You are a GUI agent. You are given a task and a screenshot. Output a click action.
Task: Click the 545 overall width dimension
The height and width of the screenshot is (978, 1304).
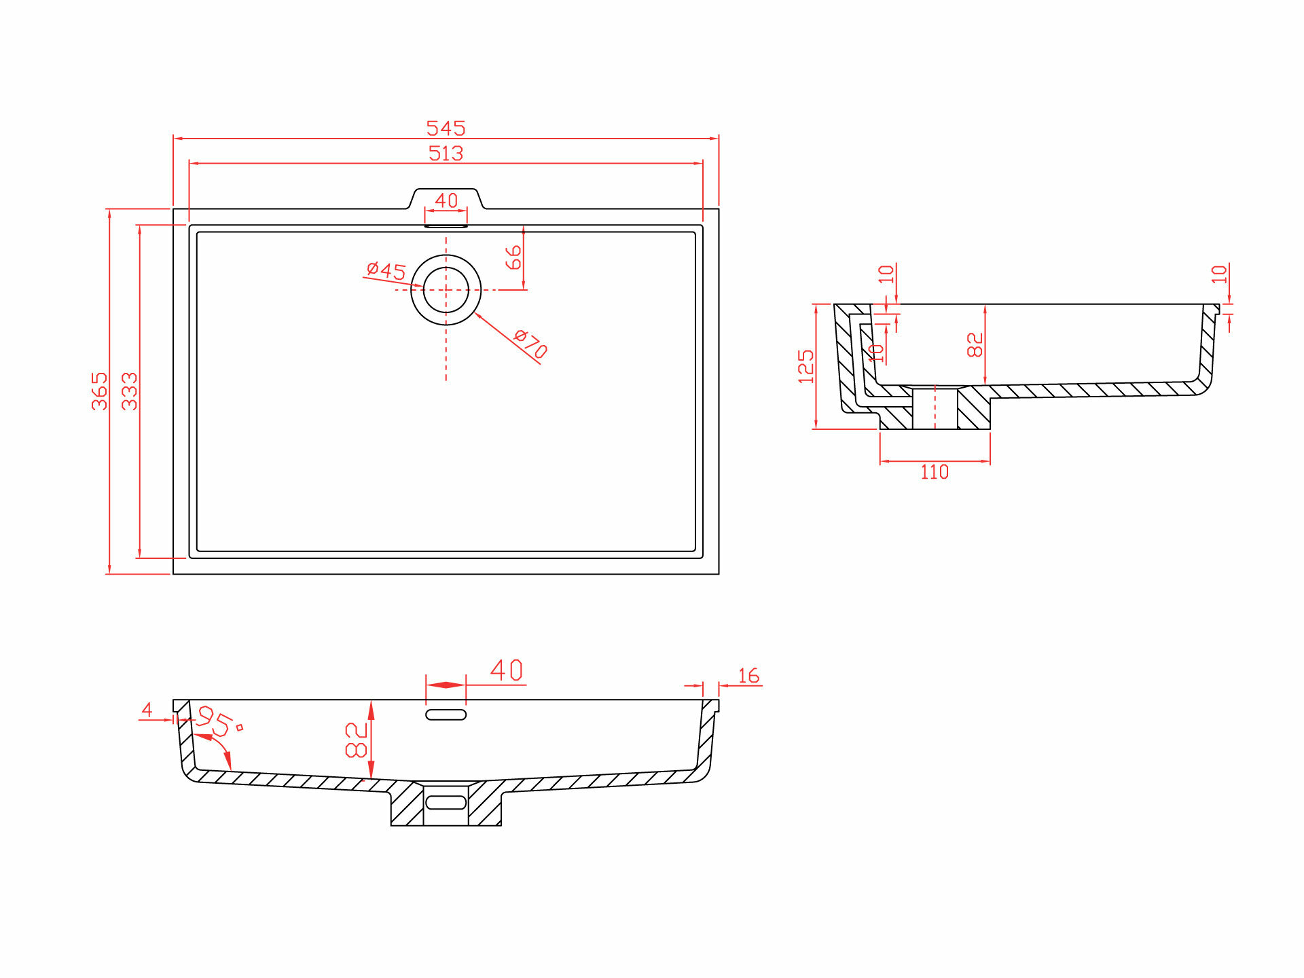point(446,128)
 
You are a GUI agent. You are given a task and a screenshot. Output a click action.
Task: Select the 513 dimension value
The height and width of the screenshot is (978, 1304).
point(446,153)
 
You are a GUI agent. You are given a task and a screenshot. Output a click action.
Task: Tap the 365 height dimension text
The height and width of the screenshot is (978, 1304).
point(100,391)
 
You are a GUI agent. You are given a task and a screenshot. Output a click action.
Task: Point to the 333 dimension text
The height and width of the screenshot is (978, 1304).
point(130,391)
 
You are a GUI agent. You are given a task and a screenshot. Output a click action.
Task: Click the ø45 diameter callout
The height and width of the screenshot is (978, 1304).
point(386,270)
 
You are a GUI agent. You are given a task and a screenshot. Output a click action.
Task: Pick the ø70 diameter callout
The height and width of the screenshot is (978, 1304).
point(531,343)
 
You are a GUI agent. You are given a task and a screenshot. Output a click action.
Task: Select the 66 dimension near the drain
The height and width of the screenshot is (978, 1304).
point(513,257)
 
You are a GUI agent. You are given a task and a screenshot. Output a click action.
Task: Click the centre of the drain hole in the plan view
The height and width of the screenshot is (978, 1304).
point(446,290)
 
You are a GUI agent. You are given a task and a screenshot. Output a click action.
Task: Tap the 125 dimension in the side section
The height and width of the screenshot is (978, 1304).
point(806,367)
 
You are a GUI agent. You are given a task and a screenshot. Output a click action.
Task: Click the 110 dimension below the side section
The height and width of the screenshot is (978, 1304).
point(935,472)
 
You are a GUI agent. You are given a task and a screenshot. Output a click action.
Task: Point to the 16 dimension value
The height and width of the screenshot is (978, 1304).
point(748,676)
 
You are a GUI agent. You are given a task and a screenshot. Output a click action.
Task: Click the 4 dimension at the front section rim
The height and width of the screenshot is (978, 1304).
point(147,710)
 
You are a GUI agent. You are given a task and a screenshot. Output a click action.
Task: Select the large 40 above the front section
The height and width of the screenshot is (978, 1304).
point(507,671)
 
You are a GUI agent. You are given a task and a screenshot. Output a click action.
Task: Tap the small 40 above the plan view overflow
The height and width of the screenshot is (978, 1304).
point(446,200)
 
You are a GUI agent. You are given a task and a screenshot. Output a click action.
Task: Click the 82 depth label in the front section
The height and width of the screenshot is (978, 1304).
point(357,740)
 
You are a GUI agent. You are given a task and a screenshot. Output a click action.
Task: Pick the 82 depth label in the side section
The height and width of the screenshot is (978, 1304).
point(975,344)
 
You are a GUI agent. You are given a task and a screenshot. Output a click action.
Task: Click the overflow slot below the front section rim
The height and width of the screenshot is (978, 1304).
point(446,714)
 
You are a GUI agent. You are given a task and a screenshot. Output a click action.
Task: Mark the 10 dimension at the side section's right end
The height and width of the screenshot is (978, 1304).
point(1220,274)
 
